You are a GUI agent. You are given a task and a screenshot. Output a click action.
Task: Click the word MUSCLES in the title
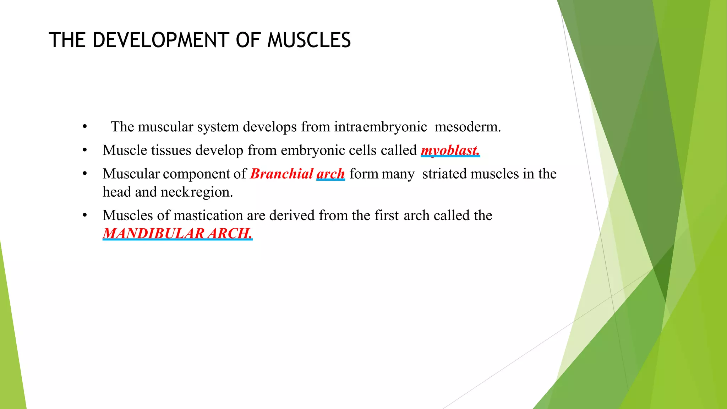[x=309, y=40]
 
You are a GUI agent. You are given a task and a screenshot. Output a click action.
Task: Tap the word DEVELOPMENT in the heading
[x=161, y=40]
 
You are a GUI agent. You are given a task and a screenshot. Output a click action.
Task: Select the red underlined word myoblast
[x=450, y=150]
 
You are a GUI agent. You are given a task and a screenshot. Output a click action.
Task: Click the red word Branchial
[x=281, y=174]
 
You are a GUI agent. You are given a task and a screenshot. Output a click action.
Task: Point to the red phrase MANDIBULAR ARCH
[x=177, y=233]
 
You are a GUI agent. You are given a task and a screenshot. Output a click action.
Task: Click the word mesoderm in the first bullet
[x=467, y=127]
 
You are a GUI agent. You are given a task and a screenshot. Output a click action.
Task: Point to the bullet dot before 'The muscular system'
[x=84, y=127]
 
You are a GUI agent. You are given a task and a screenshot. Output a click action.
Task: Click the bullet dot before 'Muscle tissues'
[x=84, y=151]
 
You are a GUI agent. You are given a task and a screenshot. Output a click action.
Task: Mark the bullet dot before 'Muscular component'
[x=84, y=174]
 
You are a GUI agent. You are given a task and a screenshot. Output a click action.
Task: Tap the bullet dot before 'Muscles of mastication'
[x=84, y=216]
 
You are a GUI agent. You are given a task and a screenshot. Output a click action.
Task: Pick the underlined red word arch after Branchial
[x=330, y=174]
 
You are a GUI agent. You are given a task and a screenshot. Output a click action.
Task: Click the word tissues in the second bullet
[x=171, y=150]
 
